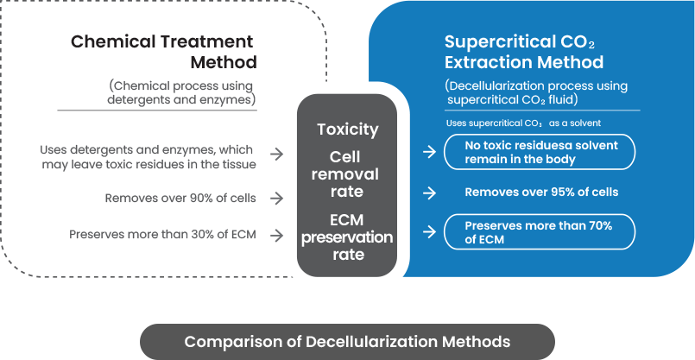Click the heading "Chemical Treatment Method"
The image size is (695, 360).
[162, 52]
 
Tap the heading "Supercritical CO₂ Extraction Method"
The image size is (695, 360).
[523, 52]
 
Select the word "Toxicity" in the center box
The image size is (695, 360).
[347, 129]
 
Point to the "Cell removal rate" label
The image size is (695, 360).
[347, 174]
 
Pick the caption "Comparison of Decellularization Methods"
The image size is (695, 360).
[347, 341]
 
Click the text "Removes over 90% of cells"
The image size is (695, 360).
[180, 198]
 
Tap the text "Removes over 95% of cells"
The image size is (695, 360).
[540, 193]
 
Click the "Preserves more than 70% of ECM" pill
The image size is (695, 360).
[540, 231]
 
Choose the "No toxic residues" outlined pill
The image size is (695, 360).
[540, 152]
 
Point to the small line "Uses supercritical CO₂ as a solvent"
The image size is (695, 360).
[523, 123]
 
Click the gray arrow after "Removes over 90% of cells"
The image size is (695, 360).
[276, 198]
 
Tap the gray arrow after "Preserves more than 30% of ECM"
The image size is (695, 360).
[276, 234]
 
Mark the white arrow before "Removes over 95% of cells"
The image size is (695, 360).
[429, 193]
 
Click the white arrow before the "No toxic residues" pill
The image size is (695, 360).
[429, 152]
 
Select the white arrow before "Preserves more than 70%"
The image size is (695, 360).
[429, 231]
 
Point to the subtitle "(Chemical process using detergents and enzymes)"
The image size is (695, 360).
[182, 92]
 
